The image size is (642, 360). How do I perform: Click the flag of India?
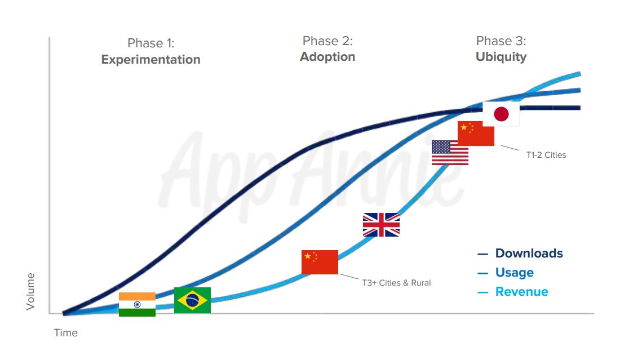(137, 304)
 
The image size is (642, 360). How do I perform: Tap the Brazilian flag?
(192, 300)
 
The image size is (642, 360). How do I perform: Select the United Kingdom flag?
(381, 225)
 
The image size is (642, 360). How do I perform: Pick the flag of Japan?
(501, 114)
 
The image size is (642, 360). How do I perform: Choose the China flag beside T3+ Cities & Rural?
(320, 262)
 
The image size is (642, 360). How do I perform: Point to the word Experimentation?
(150, 60)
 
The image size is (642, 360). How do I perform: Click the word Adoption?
(327, 57)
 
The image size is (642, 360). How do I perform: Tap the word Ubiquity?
(501, 57)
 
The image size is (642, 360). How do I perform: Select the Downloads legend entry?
(520, 253)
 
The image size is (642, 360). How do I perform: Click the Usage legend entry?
(506, 273)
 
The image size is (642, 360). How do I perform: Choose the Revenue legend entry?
(512, 292)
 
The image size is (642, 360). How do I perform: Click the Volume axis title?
(30, 291)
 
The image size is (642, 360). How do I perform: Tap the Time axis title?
(65, 333)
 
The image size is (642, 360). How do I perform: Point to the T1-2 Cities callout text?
(546, 155)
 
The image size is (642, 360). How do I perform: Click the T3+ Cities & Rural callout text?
(396, 283)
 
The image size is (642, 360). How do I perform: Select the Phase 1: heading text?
(150, 43)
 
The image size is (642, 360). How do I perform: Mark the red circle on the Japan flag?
(501, 114)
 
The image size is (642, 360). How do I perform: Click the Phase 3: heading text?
(501, 41)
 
